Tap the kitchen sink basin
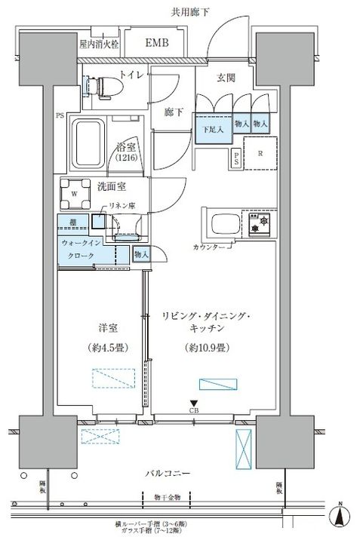click(x=225, y=225)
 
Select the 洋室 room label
click(x=107, y=329)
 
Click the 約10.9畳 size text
click(x=204, y=348)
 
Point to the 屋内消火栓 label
click(x=100, y=44)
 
